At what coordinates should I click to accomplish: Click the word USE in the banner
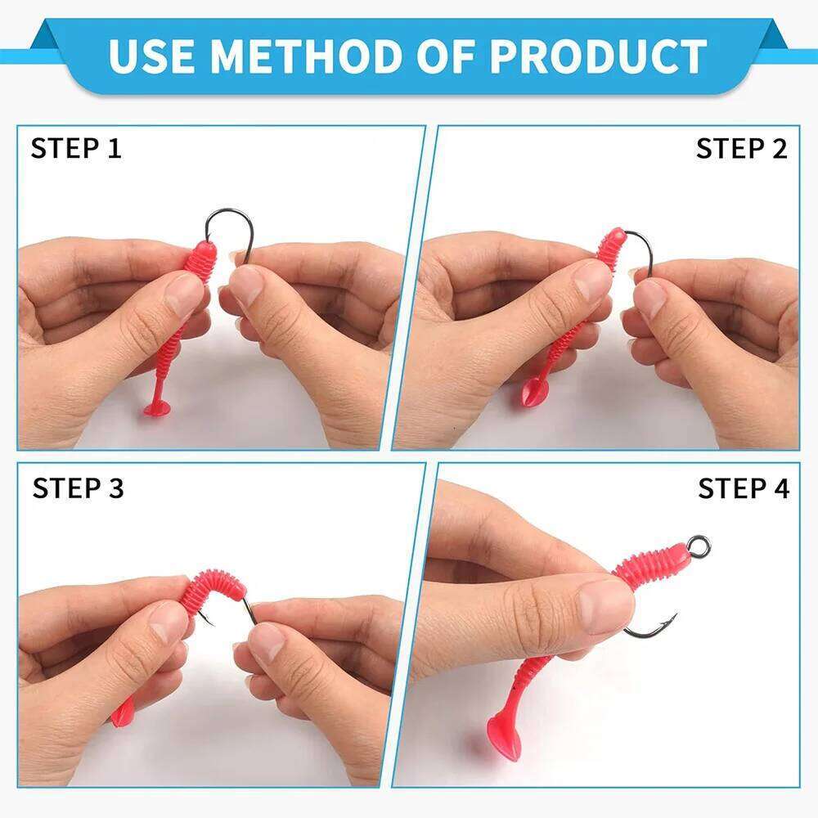coord(151,56)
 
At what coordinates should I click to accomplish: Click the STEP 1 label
coord(76,149)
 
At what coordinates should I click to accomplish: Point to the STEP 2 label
coord(741,149)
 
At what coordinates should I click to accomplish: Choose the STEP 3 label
coord(78,488)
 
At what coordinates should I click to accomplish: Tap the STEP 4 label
coord(744,488)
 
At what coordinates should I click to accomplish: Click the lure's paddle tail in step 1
coord(155,406)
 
